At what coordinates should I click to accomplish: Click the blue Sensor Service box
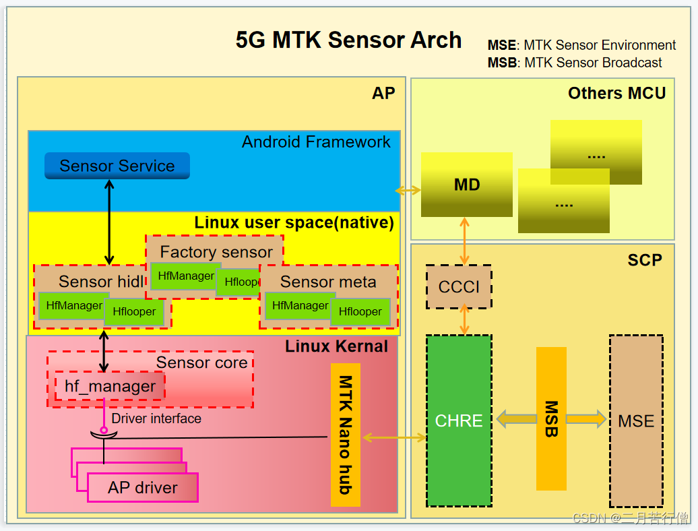pos(117,166)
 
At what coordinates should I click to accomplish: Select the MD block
pos(466,185)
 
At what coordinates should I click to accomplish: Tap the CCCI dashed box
pos(459,287)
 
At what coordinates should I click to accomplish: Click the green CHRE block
pos(459,420)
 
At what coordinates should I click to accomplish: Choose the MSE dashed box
pos(636,420)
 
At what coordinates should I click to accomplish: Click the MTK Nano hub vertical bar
pos(346,435)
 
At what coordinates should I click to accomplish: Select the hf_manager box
pos(110,387)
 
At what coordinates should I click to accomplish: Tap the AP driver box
pos(143,487)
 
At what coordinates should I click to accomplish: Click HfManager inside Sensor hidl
pos(71,305)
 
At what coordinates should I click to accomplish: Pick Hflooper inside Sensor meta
pos(360,311)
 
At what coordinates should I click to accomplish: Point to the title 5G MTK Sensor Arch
pos(348,40)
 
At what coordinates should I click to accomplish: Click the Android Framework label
pos(316,142)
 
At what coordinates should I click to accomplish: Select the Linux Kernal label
pos(336,346)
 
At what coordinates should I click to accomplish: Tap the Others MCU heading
pos(616,93)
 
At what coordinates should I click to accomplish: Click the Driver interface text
pos(156,418)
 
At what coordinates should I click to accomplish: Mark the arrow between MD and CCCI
pos(464,241)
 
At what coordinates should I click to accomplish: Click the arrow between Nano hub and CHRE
pos(394,438)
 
